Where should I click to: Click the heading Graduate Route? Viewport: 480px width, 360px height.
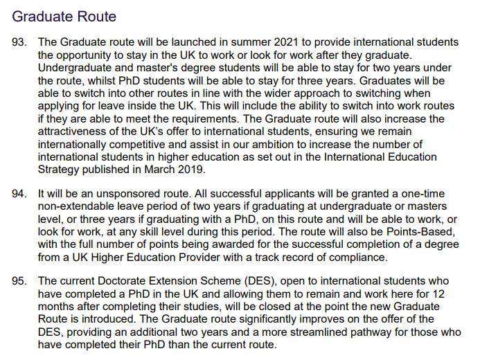point(64,16)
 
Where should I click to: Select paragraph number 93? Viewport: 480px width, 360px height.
point(20,43)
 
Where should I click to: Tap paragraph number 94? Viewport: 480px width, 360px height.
point(20,194)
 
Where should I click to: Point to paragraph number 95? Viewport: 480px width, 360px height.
point(20,281)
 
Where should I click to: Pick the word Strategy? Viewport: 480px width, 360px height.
point(60,169)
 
